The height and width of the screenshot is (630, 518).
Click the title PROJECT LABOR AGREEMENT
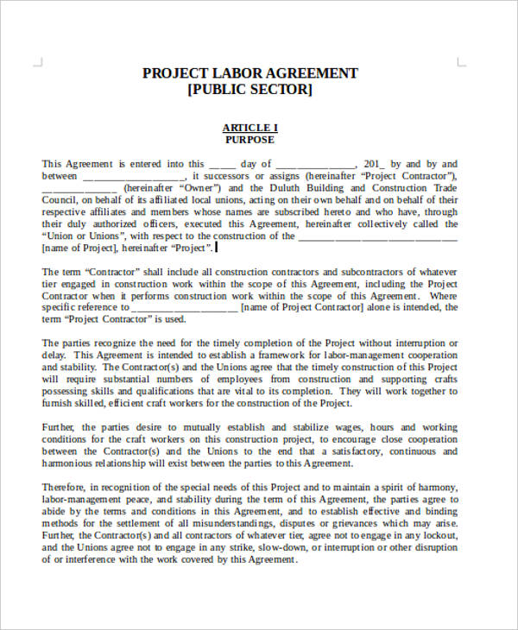[250, 73]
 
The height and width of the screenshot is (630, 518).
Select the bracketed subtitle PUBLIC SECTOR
[250, 90]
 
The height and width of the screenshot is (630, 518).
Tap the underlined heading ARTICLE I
[250, 128]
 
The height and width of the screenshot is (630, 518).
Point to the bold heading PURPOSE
[250, 140]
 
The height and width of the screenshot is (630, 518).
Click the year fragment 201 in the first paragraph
[373, 164]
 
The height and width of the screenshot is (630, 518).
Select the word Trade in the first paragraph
[445, 188]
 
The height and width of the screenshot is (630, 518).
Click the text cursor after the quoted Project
[217, 248]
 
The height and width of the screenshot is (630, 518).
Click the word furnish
[60, 403]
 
